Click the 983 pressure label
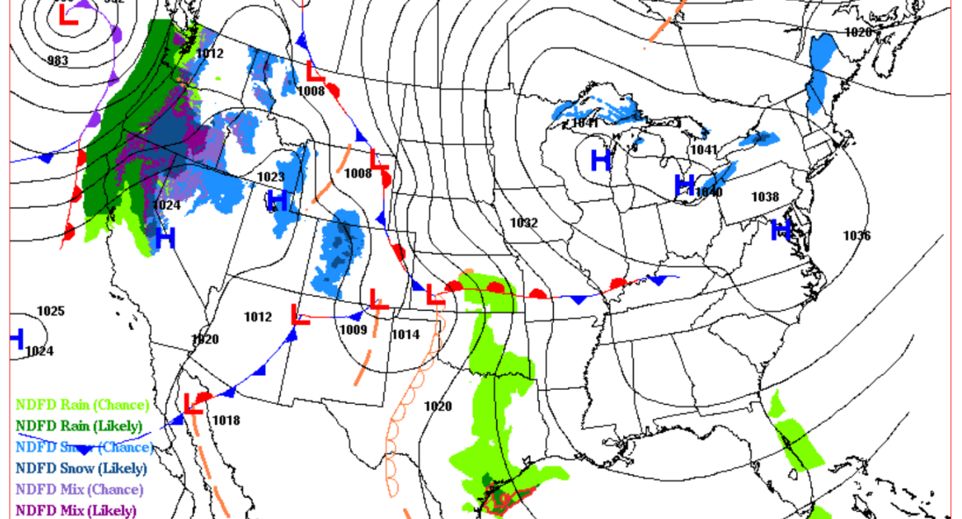pyautogui.click(x=57, y=60)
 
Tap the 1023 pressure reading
pyautogui.click(x=271, y=176)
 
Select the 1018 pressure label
pyautogui.click(x=226, y=420)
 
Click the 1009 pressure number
pyautogui.click(x=354, y=331)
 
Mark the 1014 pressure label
pyautogui.click(x=405, y=334)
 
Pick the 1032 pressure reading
pyautogui.click(x=523, y=222)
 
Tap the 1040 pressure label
pyautogui.click(x=709, y=193)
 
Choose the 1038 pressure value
pyautogui.click(x=765, y=196)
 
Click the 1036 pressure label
pyautogui.click(x=857, y=236)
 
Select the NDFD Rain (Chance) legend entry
pyautogui.click(x=82, y=405)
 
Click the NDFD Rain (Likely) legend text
pyautogui.click(x=79, y=426)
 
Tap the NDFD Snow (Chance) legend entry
pyautogui.click(x=84, y=447)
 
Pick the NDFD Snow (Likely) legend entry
pyautogui.click(x=81, y=468)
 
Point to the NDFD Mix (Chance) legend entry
pyautogui.click(x=79, y=489)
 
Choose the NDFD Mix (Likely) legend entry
pyautogui.click(x=76, y=510)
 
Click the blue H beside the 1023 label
pyautogui.click(x=278, y=200)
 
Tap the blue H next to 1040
pyautogui.click(x=684, y=185)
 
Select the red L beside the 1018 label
pyautogui.click(x=194, y=403)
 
